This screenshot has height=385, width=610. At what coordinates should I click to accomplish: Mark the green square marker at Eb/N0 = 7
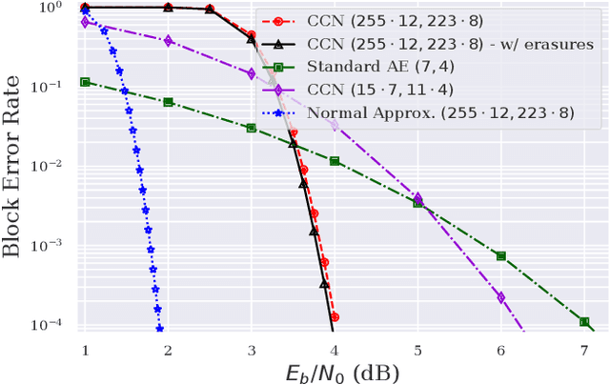[583, 322]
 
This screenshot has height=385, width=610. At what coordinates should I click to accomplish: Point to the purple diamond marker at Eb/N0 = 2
[169, 40]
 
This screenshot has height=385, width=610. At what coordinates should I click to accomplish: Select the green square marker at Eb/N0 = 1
[85, 82]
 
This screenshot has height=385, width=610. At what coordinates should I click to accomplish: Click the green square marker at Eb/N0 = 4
[335, 161]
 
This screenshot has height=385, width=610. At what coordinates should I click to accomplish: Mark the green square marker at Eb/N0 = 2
[169, 102]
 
